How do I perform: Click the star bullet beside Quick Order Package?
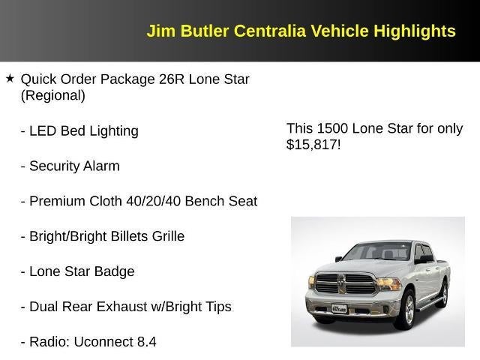click(x=10, y=78)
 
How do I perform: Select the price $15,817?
click(x=313, y=145)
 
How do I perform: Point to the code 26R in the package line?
click(x=172, y=79)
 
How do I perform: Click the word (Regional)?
click(x=52, y=95)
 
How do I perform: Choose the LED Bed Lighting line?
click(x=79, y=130)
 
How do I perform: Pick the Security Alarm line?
click(x=70, y=166)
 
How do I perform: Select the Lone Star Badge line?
click(x=77, y=271)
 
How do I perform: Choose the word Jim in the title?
click(x=160, y=31)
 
